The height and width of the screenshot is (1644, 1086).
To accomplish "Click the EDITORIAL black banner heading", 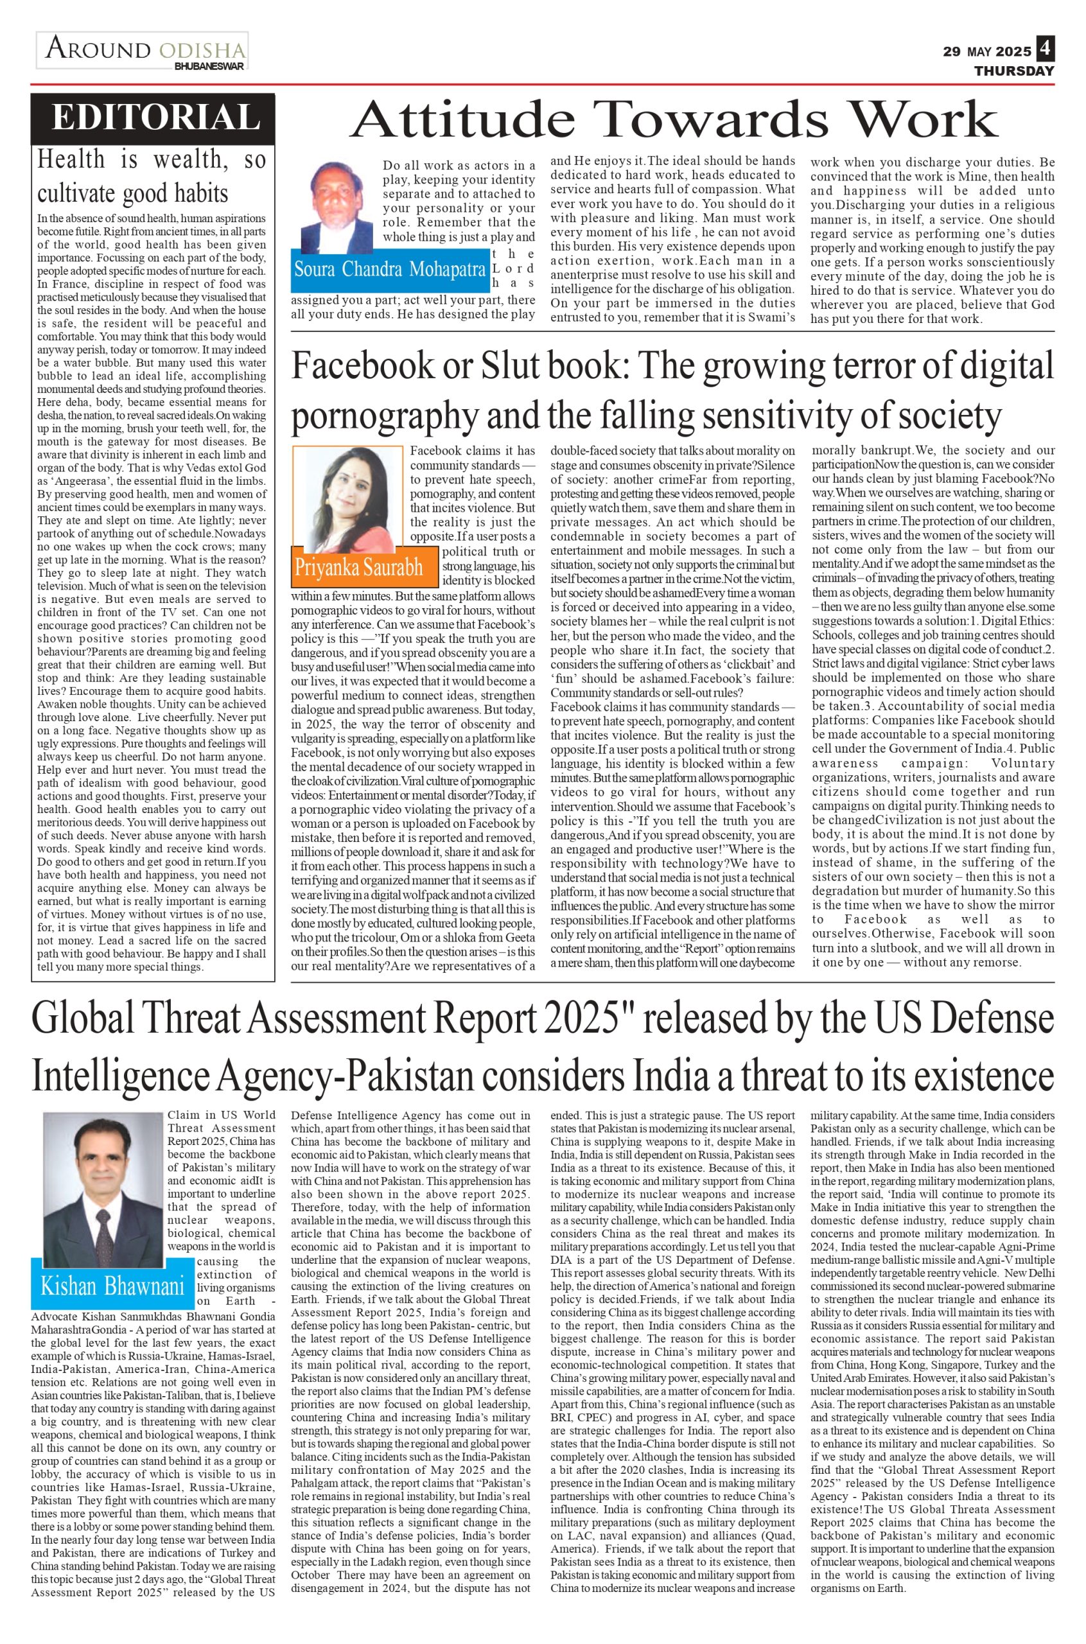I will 153,116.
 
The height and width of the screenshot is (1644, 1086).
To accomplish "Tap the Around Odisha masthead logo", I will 143,51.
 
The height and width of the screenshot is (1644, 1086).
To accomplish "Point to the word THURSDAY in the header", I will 1014,71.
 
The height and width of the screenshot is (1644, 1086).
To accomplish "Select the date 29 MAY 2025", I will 987,52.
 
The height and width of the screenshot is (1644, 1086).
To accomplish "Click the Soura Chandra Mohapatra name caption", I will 389,269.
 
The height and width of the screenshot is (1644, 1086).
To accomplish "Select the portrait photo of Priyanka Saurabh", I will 347,499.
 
